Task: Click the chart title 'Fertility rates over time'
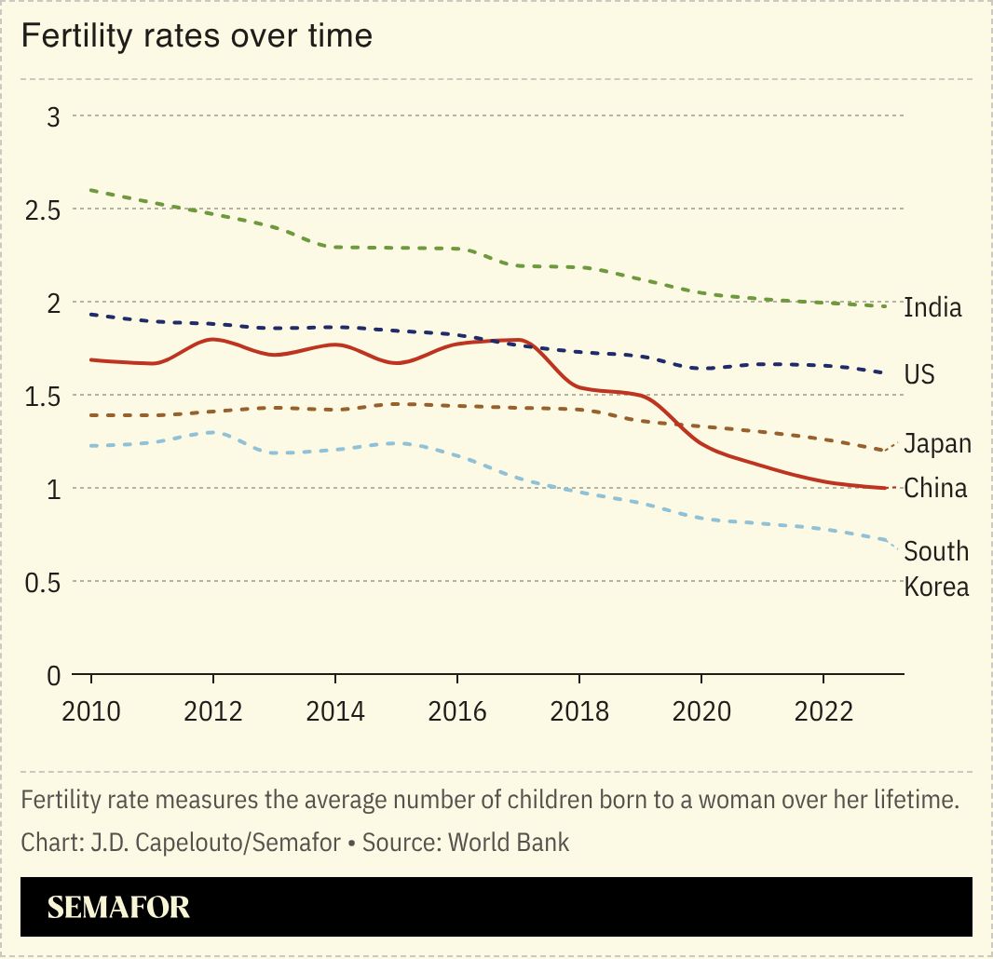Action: [x=197, y=36]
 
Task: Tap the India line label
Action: [x=932, y=307]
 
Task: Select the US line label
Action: [x=919, y=374]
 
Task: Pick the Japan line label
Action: [x=937, y=444]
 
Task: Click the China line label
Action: [x=935, y=488]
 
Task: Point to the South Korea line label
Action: [x=936, y=569]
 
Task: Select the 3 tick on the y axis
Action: [x=53, y=116]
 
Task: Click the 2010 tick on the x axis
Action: [x=91, y=711]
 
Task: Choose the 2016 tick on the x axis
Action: [x=457, y=711]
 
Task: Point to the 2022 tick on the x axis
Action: [x=823, y=711]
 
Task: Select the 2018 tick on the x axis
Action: [x=579, y=711]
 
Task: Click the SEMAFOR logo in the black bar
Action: [x=118, y=907]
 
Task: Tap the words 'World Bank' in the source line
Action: [x=509, y=843]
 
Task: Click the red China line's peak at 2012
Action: [x=213, y=340]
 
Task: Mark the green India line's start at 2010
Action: [x=92, y=190]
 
